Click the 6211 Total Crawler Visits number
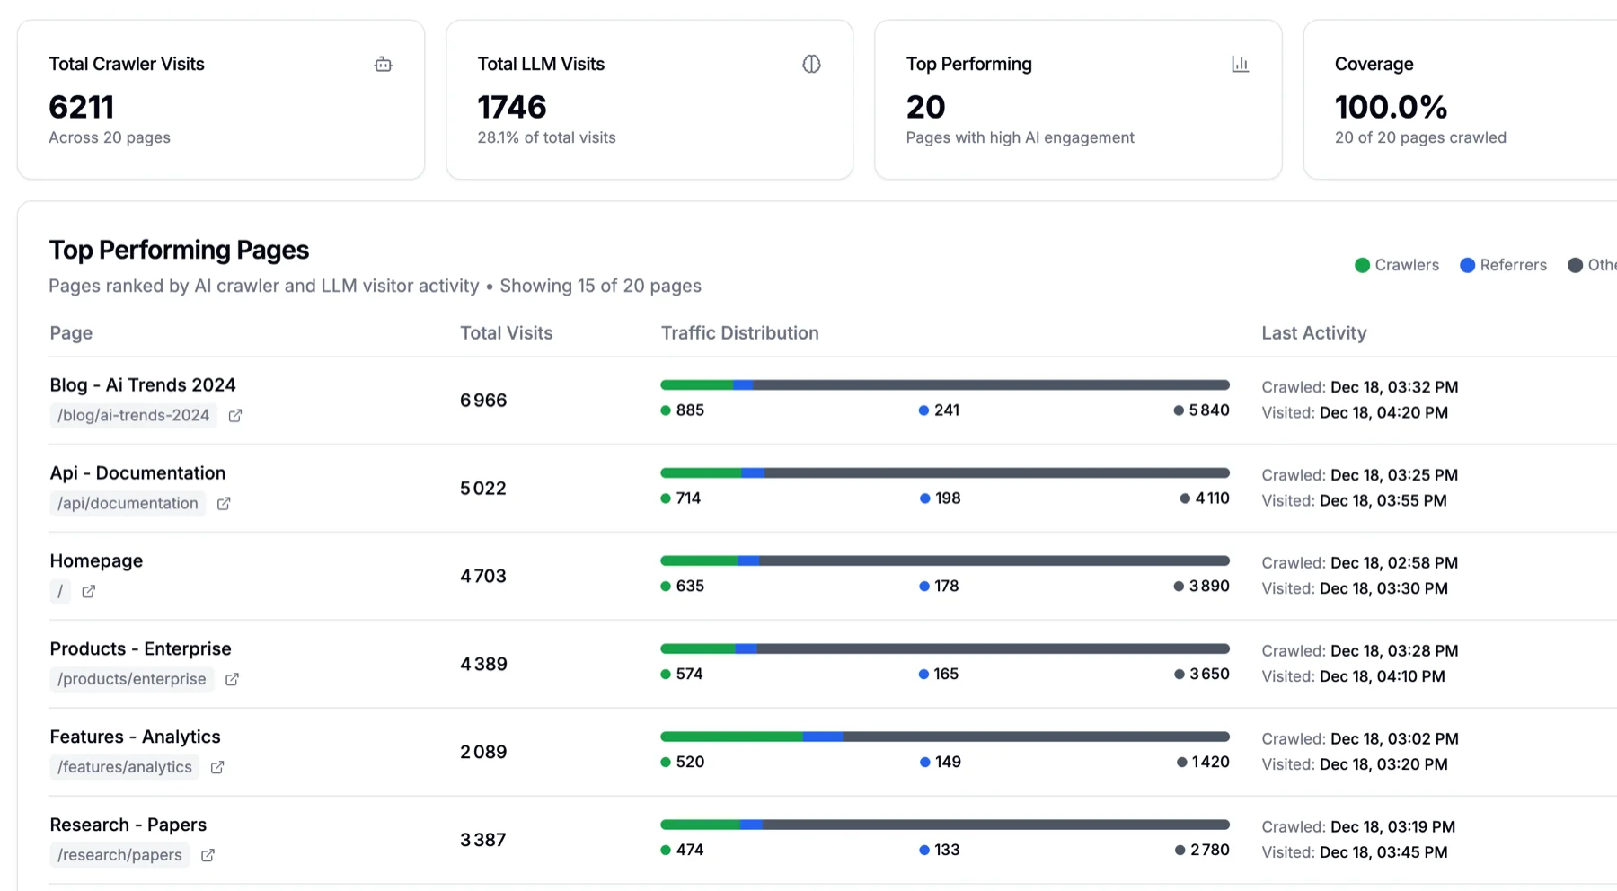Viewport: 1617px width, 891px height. pyautogui.click(x=82, y=108)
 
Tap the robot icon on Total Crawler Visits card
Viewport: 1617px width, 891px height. pyautogui.click(x=384, y=64)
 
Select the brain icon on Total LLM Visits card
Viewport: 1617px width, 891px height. pyautogui.click(x=811, y=64)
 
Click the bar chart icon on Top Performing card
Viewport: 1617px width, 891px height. pyautogui.click(x=1240, y=64)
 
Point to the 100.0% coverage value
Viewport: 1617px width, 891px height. pyautogui.click(x=1391, y=108)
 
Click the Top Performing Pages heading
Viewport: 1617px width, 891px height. pyautogui.click(x=179, y=250)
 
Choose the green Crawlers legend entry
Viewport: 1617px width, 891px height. pyautogui.click(x=1397, y=265)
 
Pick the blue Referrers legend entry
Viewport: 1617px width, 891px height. pyautogui.click(x=1504, y=265)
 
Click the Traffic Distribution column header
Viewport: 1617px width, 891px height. pyautogui.click(x=739, y=333)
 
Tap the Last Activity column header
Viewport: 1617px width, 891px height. pyautogui.click(x=1313, y=333)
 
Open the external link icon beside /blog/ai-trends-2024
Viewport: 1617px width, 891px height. pyautogui.click(x=235, y=416)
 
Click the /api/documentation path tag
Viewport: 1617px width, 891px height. pyautogui.click(x=128, y=504)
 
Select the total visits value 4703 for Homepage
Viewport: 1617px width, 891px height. pyautogui.click(x=483, y=576)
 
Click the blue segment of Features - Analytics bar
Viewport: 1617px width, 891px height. pyautogui.click(x=823, y=737)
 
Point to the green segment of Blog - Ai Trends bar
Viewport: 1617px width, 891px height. pyautogui.click(x=697, y=385)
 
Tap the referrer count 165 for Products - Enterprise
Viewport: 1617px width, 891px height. pyautogui.click(x=945, y=674)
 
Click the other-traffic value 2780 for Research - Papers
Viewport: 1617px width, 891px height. pyautogui.click(x=1208, y=850)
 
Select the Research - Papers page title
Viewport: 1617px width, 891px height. pyautogui.click(x=128, y=825)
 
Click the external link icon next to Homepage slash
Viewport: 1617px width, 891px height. pyautogui.click(x=88, y=592)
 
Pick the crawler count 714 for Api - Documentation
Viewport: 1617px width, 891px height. pyautogui.click(x=687, y=498)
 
